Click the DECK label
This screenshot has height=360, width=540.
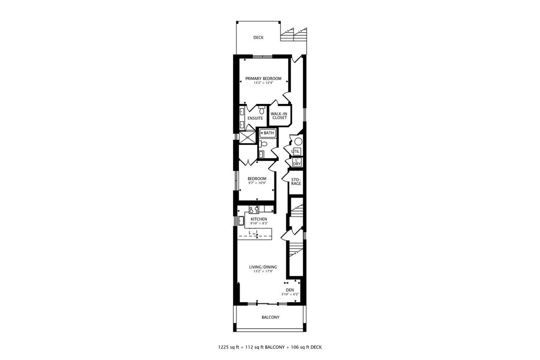pos(258,37)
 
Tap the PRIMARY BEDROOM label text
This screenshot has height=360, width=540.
pos(263,79)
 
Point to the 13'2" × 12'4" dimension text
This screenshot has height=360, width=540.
pos(263,83)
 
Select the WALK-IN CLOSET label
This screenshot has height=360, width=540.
pos(279,116)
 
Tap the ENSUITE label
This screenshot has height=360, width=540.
pos(255,118)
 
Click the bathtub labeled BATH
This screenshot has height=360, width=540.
pos(268,133)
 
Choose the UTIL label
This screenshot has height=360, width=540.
pos(296,151)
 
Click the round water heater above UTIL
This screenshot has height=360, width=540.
pos(298,141)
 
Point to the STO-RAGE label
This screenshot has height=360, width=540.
pos(296,182)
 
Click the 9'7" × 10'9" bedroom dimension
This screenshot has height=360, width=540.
pos(257,183)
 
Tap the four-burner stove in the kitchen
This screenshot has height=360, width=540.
pos(254,209)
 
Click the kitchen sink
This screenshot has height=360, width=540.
pos(241,220)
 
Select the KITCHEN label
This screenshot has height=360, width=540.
pos(259,219)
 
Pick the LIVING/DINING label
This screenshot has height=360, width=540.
pos(263,267)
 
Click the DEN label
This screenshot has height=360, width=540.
pos(290,290)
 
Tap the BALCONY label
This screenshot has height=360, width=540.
pos(270,317)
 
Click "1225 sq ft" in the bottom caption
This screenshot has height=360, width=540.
pos(228,347)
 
